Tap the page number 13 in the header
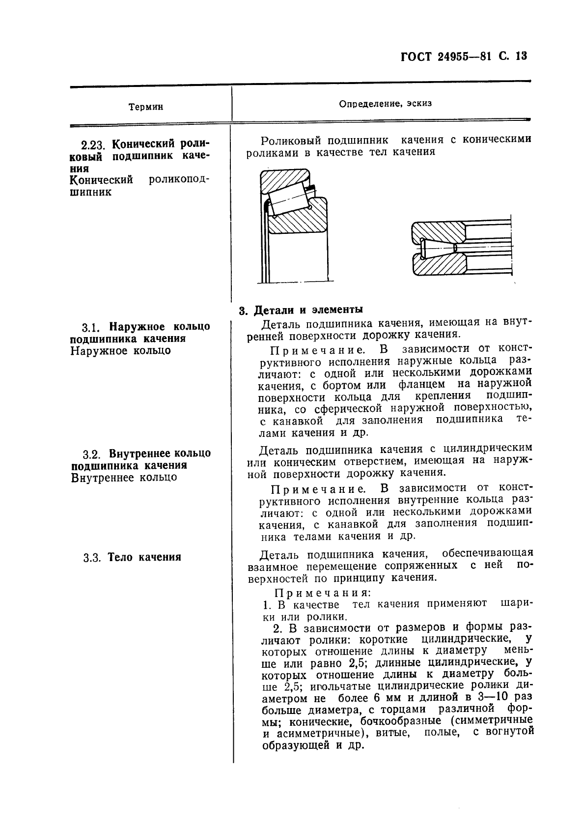521,56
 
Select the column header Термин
146,107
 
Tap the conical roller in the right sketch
438,248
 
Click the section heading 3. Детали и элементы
301,310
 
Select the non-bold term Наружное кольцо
121,351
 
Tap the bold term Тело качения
144,557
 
